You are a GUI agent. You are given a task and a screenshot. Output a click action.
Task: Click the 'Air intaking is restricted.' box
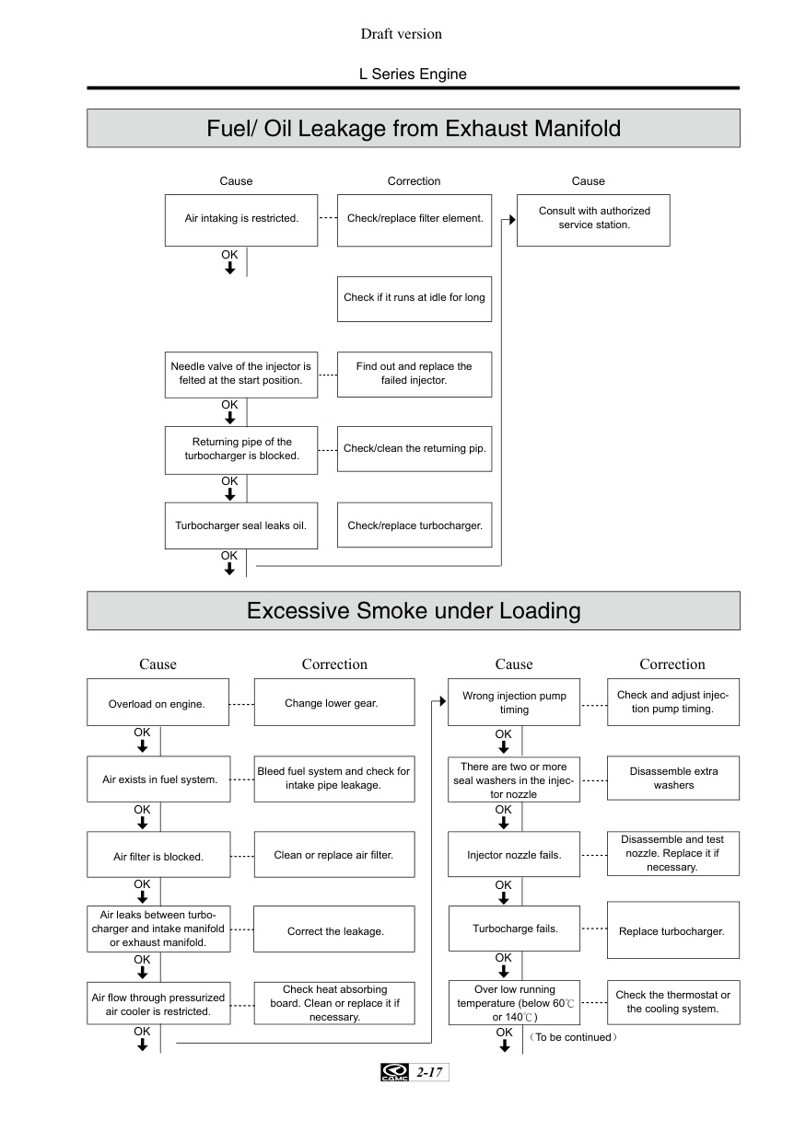(241, 220)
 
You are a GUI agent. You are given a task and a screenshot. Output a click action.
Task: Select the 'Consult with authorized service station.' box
(593, 220)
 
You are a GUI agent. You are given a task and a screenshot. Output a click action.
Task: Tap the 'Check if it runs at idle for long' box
(415, 299)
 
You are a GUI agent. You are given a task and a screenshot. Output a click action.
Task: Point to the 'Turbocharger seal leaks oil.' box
(241, 525)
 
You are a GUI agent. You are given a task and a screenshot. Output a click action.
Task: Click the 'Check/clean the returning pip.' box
(415, 449)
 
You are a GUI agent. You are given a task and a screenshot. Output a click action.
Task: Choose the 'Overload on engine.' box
(158, 702)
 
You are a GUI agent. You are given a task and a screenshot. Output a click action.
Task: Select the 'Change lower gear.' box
(334, 702)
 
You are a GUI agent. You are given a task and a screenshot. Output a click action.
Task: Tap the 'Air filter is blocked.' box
(158, 854)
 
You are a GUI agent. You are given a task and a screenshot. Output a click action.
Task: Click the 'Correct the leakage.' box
(334, 929)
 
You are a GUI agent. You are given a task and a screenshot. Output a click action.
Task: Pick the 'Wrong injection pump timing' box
(514, 702)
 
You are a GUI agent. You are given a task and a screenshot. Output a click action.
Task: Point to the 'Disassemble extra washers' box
(673, 778)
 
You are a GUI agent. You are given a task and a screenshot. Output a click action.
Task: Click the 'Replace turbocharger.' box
(673, 930)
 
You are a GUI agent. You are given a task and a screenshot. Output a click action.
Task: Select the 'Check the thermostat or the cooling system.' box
(673, 1002)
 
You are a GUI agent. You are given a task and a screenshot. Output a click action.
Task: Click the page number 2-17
(429, 1072)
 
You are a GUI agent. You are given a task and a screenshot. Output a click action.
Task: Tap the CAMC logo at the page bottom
(394, 1072)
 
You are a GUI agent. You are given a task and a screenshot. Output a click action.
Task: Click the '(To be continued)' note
(573, 1037)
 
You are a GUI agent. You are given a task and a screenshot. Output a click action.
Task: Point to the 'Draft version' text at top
(402, 34)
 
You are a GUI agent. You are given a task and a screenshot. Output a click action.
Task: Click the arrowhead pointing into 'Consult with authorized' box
(512, 220)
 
